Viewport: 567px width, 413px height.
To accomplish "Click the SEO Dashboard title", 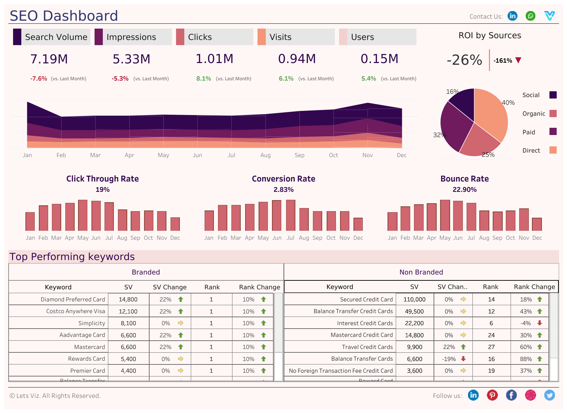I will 64,16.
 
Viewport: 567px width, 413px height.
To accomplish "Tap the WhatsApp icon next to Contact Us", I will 531,16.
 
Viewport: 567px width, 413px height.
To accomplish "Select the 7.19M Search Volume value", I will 49,59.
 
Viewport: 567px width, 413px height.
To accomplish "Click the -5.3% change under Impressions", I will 120,79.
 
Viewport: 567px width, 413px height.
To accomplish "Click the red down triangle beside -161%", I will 519,60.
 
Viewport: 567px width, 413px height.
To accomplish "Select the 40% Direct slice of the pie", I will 492,110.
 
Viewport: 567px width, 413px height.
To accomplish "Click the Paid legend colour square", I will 553,132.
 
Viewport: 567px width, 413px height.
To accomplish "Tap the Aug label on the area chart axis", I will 265,155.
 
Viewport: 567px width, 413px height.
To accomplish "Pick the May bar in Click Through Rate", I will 83,215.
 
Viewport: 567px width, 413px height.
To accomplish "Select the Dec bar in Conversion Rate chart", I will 358,224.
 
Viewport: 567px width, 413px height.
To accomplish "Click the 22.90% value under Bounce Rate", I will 465,190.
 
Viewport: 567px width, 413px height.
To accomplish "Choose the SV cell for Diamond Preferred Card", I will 128,300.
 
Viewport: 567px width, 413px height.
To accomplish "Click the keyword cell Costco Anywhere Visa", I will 76,311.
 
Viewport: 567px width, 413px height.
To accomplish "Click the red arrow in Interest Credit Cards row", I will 539,323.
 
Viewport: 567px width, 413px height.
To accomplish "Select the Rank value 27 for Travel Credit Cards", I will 491,347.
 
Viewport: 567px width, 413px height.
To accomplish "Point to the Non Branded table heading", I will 421,272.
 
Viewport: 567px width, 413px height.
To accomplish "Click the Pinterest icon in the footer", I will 492,395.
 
